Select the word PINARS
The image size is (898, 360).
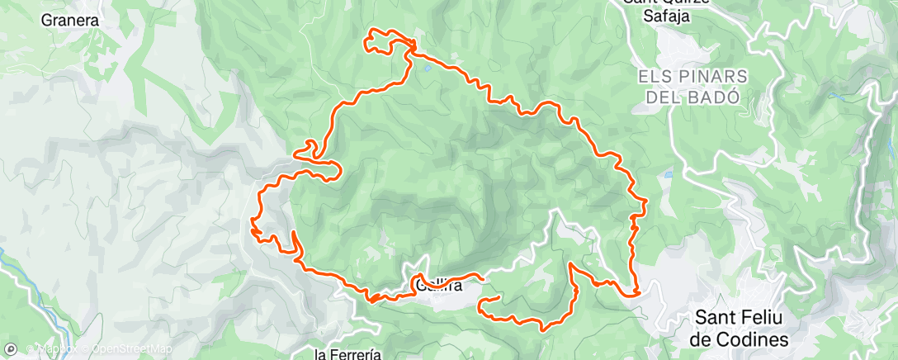point(707,76)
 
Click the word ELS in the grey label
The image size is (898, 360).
point(654,76)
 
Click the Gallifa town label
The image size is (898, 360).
point(438,287)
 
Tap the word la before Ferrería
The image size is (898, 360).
point(323,354)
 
